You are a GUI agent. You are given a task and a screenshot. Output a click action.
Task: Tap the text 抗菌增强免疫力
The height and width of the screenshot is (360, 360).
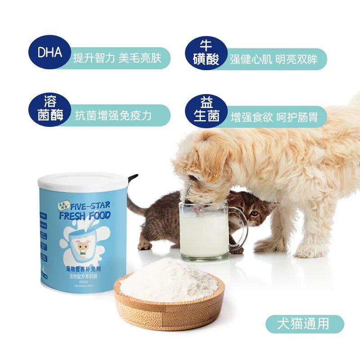[113, 116]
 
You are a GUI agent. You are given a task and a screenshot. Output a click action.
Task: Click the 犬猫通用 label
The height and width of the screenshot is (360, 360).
[304, 324]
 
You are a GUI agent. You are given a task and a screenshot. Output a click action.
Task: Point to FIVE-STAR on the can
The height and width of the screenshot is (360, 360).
[90, 206]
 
